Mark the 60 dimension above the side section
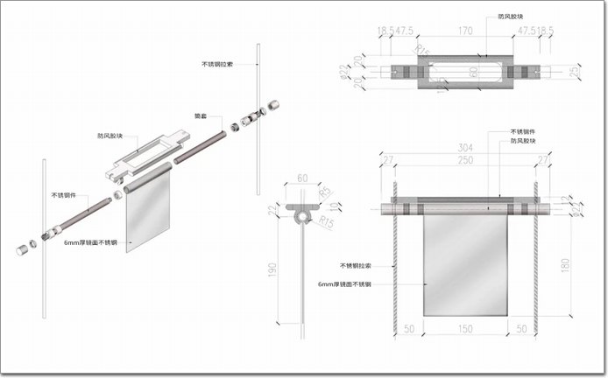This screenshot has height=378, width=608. (303, 178)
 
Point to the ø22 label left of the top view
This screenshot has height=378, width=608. (342, 69)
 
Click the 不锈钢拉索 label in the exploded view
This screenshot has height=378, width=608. (219, 64)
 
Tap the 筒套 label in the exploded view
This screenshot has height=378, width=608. (201, 115)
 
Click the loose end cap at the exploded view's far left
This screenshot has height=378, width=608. (21, 250)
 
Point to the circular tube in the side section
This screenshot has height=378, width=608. (303, 214)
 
